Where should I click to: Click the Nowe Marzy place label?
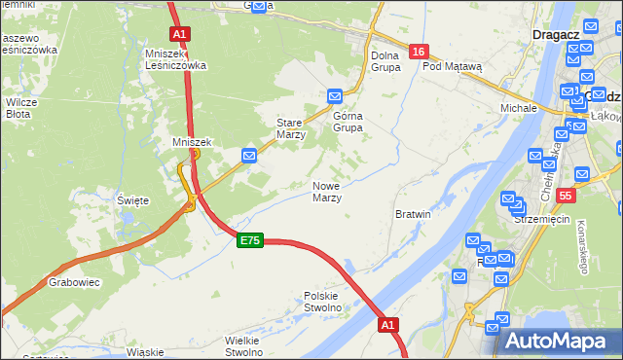[326, 192]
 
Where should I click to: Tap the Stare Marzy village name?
[291, 128]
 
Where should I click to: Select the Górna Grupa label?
[348, 122]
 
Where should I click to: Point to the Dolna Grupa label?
[385, 61]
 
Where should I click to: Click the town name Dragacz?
[558, 34]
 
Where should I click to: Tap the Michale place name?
[519, 107]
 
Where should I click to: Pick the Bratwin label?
[414, 213]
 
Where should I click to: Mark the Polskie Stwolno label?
[322, 302]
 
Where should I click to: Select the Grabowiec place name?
[69, 284]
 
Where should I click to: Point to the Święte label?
[132, 200]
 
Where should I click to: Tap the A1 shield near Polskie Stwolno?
[388, 325]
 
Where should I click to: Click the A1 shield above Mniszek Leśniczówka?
[179, 33]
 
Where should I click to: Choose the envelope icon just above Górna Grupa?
[335, 95]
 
